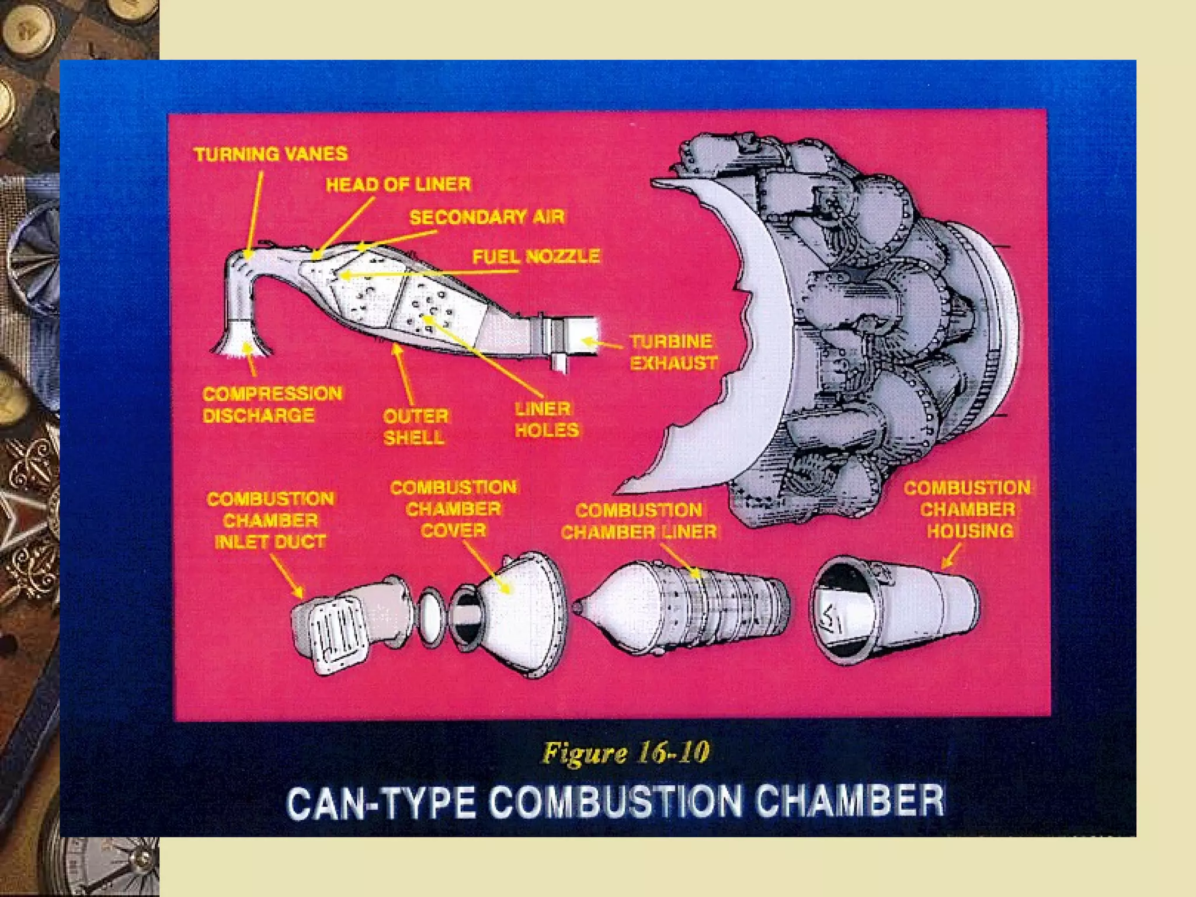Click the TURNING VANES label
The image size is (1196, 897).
tap(270, 154)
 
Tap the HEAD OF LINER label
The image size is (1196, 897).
tap(398, 185)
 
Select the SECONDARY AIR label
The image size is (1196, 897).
tap(486, 217)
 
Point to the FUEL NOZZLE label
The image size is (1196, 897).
tap(536, 256)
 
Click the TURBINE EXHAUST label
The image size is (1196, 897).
tap(673, 352)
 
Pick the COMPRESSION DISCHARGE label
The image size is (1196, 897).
tap(272, 404)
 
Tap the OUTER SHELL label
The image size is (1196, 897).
tap(415, 426)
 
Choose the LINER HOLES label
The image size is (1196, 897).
tap(546, 419)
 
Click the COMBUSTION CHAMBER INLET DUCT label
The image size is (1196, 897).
tap(270, 520)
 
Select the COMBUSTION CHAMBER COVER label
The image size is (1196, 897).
tap(453, 509)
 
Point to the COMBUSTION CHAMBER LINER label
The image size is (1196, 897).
tap(638, 521)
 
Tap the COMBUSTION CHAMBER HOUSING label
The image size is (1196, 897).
tap(968, 509)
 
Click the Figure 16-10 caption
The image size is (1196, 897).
tap(625, 753)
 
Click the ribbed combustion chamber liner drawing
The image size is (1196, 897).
tap(683, 607)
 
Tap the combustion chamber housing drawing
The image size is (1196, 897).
tap(893, 610)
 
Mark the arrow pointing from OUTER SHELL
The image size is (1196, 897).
tap(404, 374)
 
